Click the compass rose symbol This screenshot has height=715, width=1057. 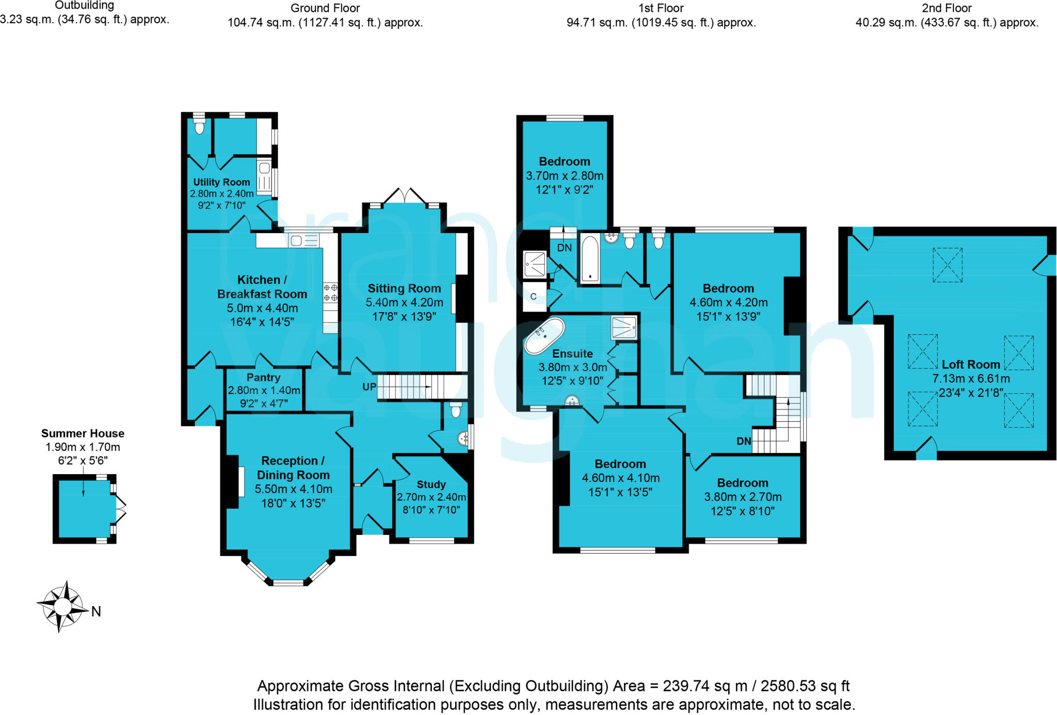coord(62,607)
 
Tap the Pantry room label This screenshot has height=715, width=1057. coord(263,378)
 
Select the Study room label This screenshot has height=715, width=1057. coord(431,485)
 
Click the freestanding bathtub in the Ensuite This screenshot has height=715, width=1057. coord(544,336)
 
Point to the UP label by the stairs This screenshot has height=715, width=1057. coord(369,387)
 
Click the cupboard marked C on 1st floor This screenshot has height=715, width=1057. coord(534,297)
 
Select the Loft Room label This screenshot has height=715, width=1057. coord(971,365)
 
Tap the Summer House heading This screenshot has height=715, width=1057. coord(83,433)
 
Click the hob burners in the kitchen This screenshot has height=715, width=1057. coord(330,293)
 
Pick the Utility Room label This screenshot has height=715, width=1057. coord(221,182)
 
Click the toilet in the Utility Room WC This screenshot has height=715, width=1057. coord(199,126)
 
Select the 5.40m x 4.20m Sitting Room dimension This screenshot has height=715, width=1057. coord(404,302)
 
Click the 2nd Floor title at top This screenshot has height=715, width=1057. coord(947,8)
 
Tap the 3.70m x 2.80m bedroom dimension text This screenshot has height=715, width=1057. coord(565,176)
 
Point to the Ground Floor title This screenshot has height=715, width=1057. coord(325,8)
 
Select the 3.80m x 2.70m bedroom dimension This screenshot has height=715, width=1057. coord(743,497)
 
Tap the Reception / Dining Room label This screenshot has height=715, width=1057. coord(293,468)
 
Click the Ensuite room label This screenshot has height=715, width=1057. coord(572,354)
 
